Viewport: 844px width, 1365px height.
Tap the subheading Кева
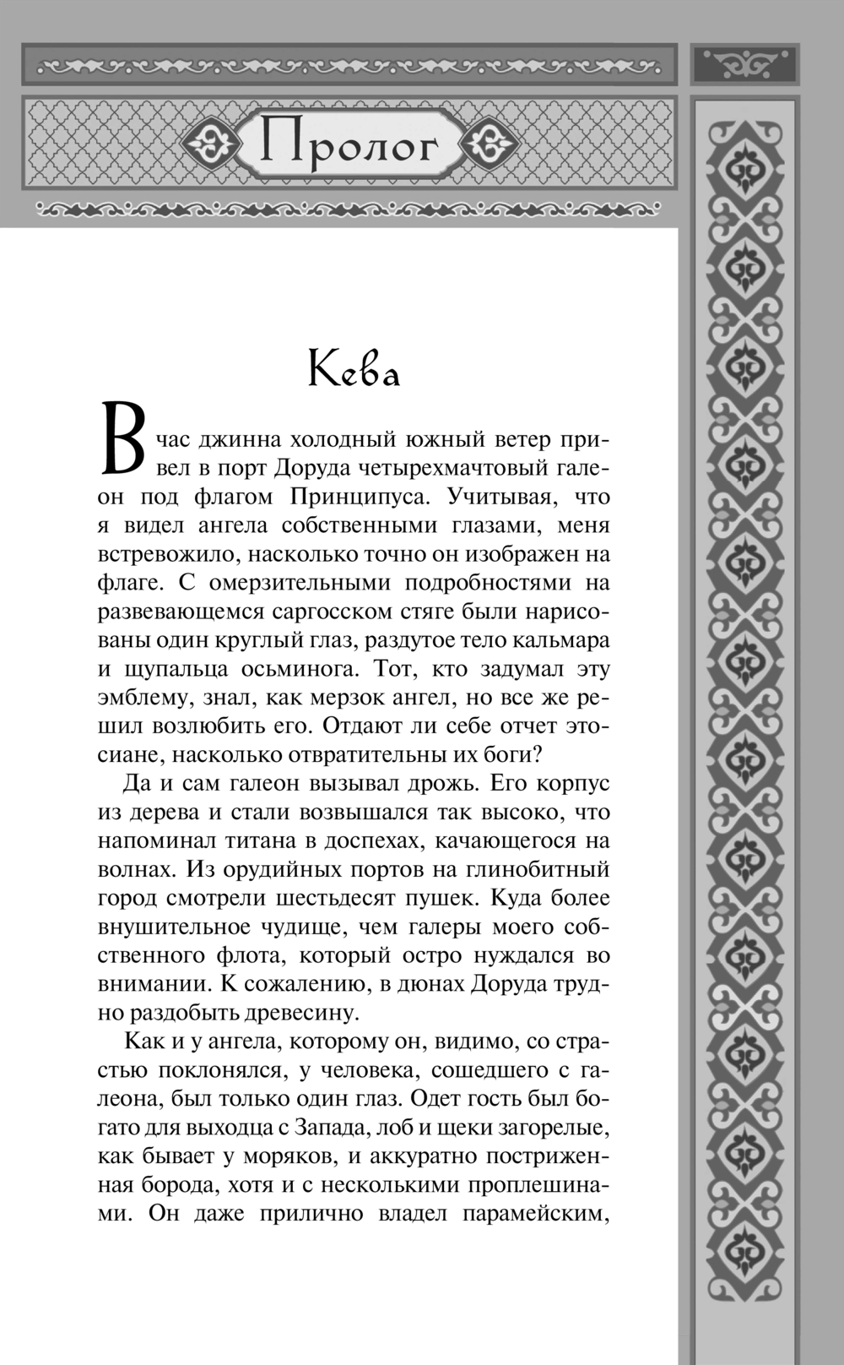tap(354, 369)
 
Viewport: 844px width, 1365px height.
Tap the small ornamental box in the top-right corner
tap(744, 64)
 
